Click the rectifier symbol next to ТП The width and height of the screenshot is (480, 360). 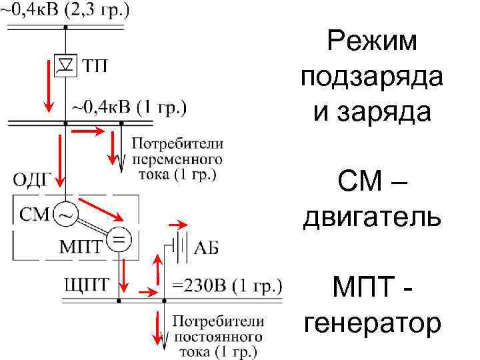[65, 65]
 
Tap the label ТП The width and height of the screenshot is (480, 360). [96, 65]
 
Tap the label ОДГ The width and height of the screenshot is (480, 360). [32, 179]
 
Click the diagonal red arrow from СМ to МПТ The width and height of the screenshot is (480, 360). [102, 209]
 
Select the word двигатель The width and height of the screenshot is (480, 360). [372, 218]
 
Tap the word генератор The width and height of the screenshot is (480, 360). [372, 324]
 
